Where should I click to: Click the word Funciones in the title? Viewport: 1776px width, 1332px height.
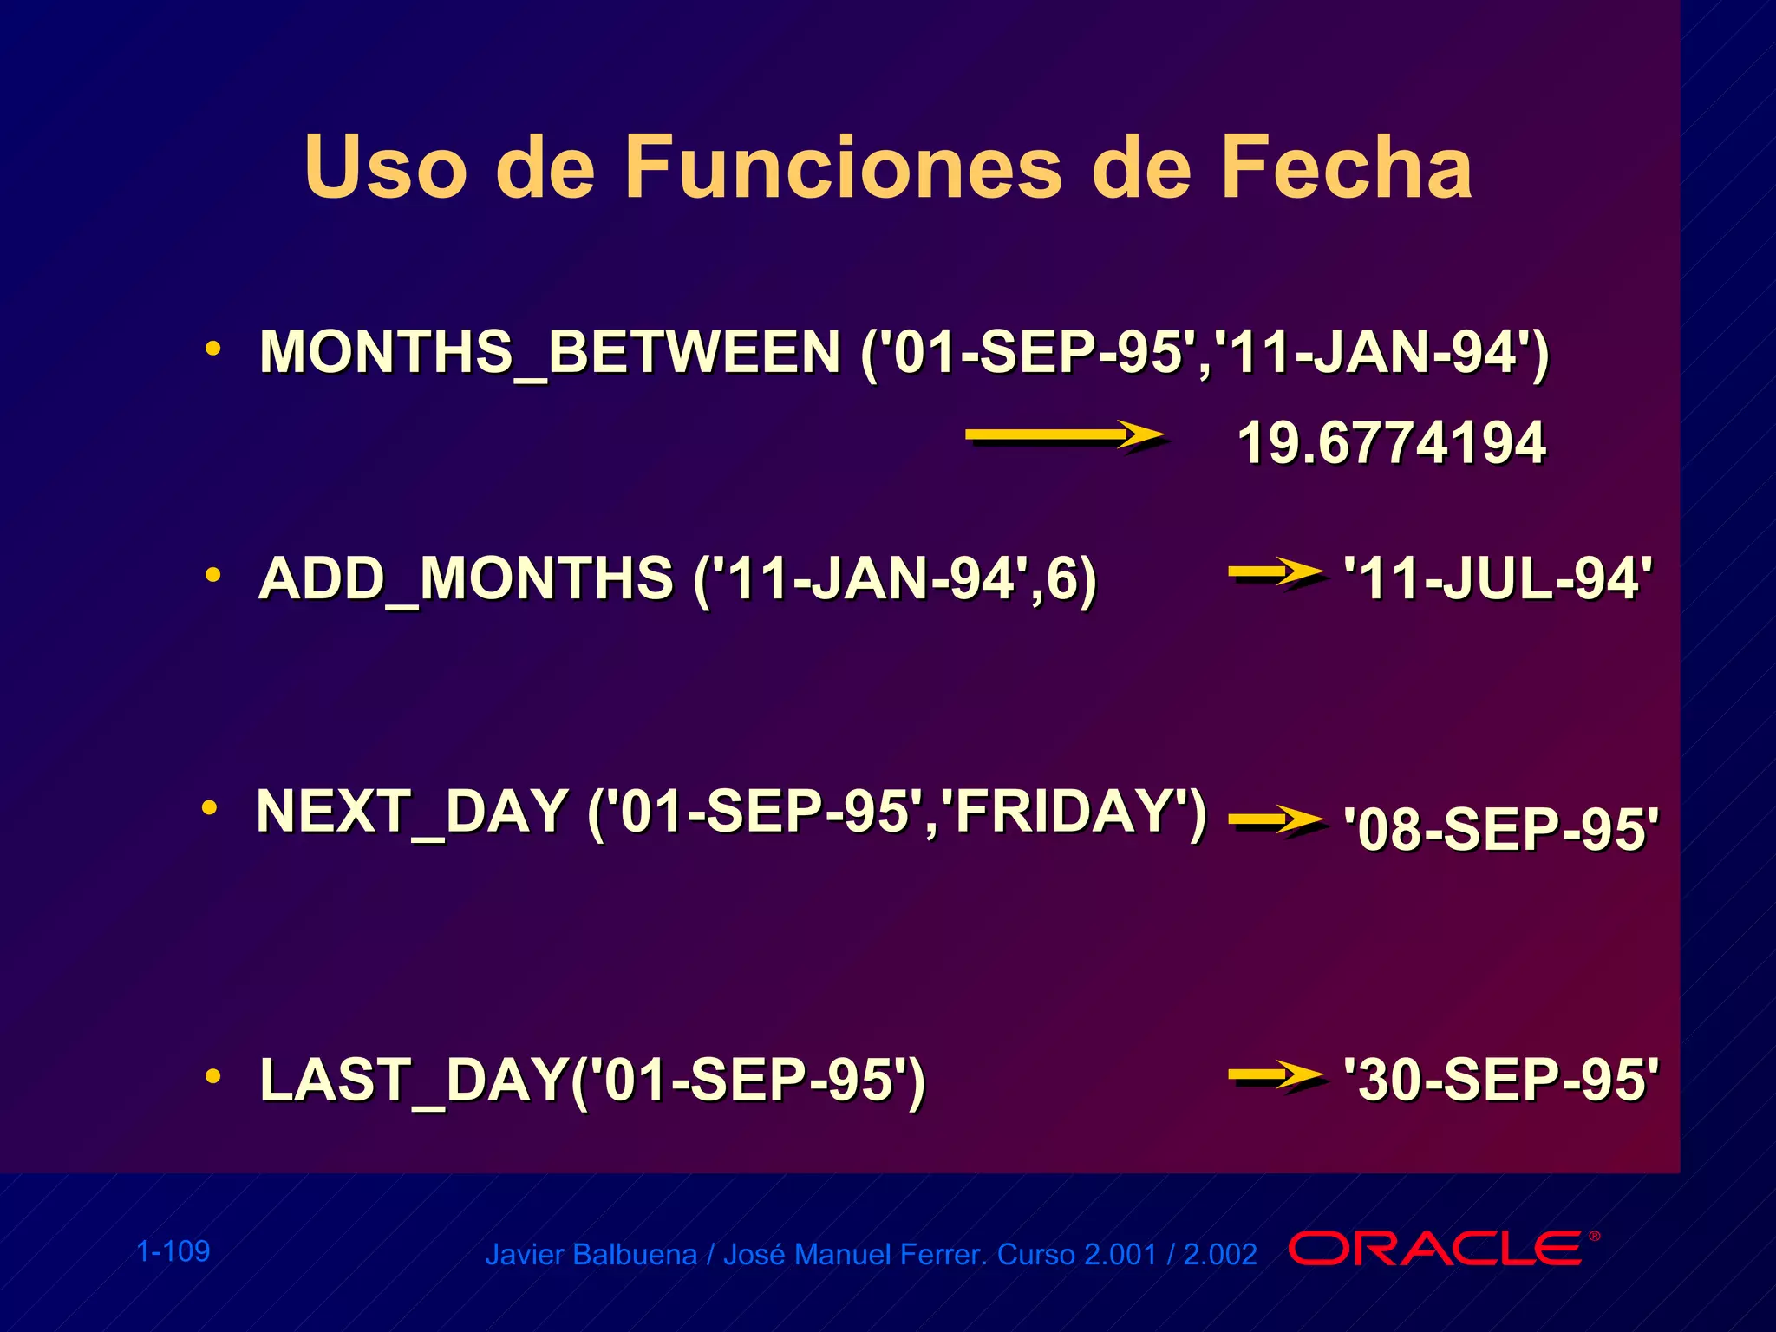click(x=842, y=167)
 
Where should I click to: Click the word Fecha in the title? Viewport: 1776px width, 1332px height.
click(x=1346, y=167)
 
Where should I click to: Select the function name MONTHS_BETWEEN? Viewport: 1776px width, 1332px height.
click(x=549, y=353)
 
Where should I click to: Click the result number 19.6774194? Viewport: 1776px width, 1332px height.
click(x=1391, y=443)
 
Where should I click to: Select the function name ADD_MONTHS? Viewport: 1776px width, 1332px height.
click(x=466, y=578)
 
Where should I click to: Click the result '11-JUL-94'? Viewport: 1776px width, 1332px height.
click(x=1498, y=578)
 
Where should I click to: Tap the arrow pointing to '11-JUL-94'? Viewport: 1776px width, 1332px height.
click(x=1276, y=572)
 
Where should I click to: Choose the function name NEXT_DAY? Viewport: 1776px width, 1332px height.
click(x=412, y=812)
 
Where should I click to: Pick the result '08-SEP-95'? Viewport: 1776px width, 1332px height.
click(x=1500, y=829)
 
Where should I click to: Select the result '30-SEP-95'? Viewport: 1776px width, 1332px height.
click(x=1500, y=1080)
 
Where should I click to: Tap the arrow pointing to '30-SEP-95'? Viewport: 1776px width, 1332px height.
click(x=1276, y=1076)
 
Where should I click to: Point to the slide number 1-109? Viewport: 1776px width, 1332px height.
click(x=173, y=1251)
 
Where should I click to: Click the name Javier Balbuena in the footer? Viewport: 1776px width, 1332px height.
click(x=591, y=1255)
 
